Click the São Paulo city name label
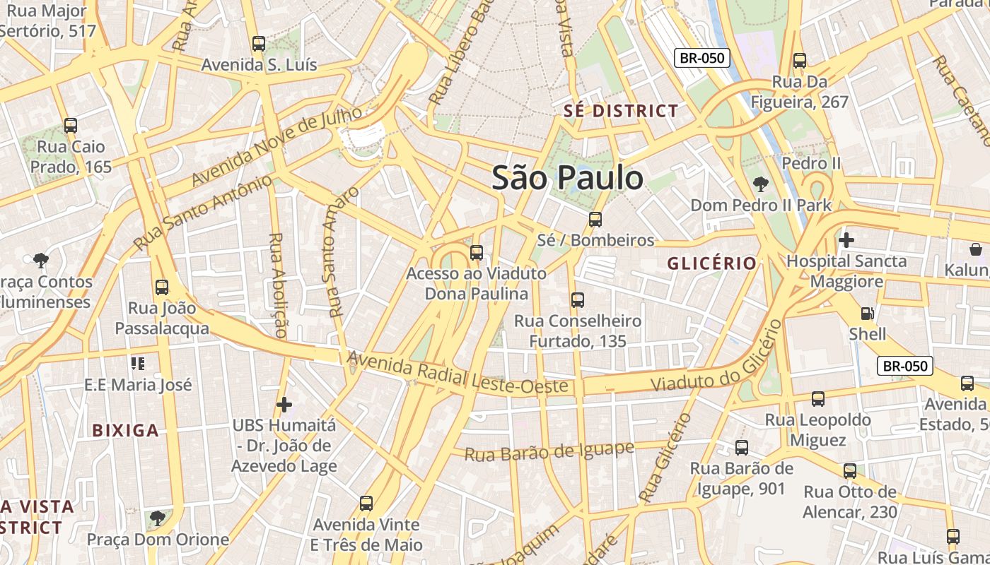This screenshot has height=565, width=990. pos(567,177)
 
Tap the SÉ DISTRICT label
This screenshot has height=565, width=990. pos(621,111)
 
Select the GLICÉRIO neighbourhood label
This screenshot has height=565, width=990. pos(712,263)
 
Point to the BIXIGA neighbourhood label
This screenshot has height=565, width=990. pos(126,430)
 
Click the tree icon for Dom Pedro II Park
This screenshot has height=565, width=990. pos(761,184)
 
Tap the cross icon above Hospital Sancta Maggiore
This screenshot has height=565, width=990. pos(846,240)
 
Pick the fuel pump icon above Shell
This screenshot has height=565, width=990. pos(867,313)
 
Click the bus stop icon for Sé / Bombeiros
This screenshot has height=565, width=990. pos(595,220)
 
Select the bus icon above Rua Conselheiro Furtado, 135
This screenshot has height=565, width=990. pos(578,300)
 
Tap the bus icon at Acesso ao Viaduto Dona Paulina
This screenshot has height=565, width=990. pos(477,253)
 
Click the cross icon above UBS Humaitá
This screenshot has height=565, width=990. pos(284,405)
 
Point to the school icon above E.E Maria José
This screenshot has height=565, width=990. pos(138,364)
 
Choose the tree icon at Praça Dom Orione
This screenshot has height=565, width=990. pos(158,519)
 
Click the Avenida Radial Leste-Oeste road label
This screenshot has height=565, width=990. pos(458,374)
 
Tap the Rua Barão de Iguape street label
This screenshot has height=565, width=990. pos(549,451)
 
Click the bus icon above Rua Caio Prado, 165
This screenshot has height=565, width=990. pos(71,126)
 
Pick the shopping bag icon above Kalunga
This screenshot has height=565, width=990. pos(976,249)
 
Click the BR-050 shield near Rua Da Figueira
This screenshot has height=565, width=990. pos(701,58)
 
